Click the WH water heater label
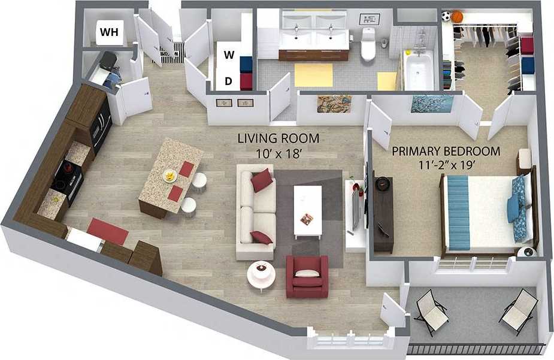click(109, 32)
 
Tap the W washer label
click(229, 55)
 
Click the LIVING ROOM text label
click(278, 138)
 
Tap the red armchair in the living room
click(307, 276)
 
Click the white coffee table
click(308, 210)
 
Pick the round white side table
click(261, 275)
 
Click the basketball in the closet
click(458, 17)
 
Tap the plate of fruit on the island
click(169, 176)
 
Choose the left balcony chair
click(431, 310)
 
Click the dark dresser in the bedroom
click(383, 213)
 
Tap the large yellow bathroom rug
click(313, 75)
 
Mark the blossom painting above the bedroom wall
click(432, 104)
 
